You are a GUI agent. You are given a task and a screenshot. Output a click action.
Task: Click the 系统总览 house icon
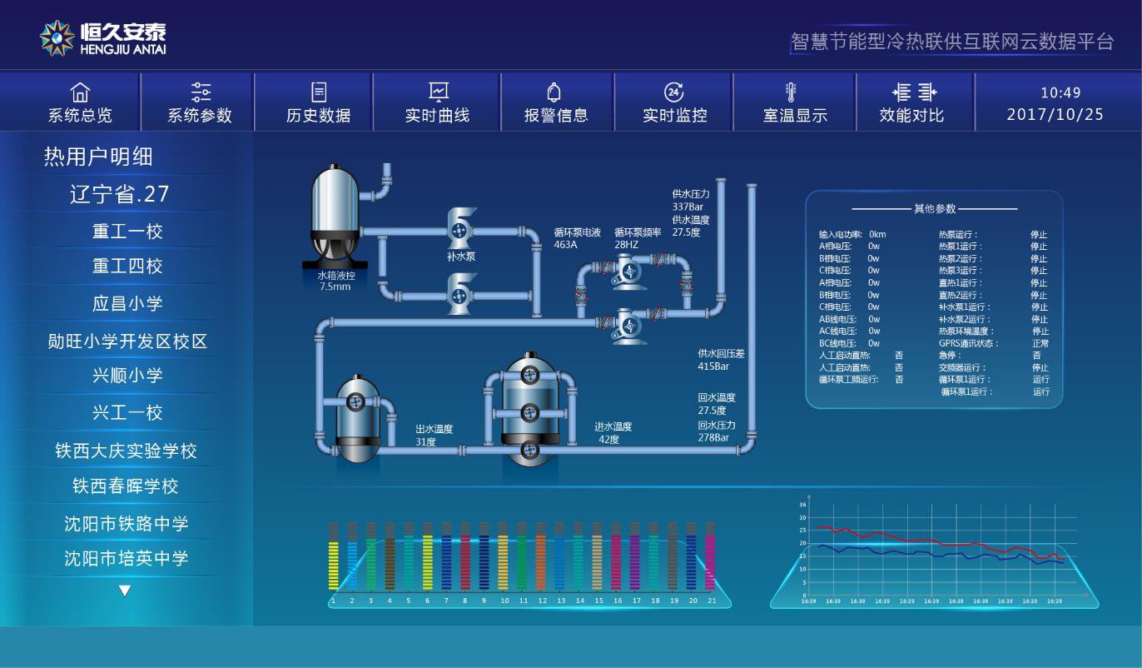click(x=80, y=92)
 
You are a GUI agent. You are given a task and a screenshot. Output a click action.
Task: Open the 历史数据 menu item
click(x=318, y=115)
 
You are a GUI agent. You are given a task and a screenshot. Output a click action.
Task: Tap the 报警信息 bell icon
click(x=554, y=92)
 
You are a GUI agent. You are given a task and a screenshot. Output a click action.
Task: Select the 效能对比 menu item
click(x=911, y=115)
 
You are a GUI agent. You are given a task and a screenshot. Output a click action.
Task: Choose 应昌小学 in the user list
click(x=127, y=303)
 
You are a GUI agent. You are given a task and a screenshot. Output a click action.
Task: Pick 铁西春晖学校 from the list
click(x=126, y=486)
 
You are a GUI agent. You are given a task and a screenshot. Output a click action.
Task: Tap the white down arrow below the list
click(x=125, y=591)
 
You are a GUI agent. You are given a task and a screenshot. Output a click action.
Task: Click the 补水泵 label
click(x=461, y=257)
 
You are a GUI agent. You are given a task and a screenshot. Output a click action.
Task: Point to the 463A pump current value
click(x=566, y=245)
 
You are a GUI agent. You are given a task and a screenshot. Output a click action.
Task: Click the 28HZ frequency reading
click(x=626, y=245)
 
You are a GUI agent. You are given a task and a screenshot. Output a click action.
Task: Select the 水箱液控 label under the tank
click(x=336, y=276)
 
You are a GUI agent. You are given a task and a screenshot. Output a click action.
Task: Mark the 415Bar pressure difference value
click(x=713, y=366)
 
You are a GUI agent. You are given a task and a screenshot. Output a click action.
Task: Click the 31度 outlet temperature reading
click(x=425, y=441)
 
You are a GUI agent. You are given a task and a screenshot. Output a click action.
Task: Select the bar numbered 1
click(x=334, y=566)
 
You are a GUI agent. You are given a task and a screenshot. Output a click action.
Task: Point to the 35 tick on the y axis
click(x=803, y=505)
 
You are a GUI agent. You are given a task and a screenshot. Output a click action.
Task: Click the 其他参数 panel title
click(x=935, y=209)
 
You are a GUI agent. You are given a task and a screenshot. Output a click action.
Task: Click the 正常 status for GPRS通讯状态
click(x=1040, y=343)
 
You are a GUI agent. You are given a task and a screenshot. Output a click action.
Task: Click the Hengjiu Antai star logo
click(x=57, y=38)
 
